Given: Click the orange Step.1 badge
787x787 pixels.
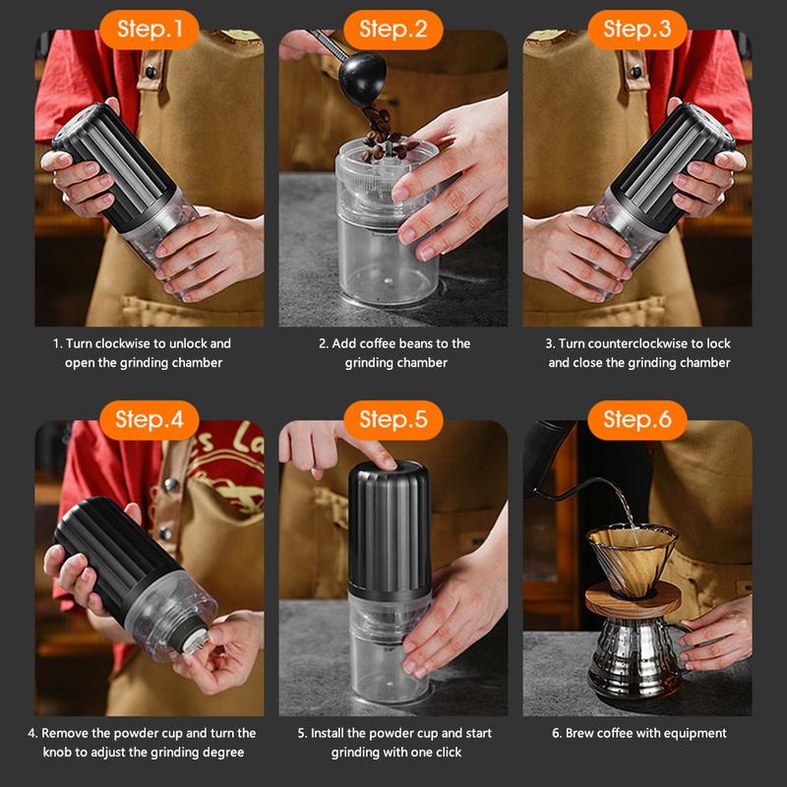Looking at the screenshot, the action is tap(150, 30).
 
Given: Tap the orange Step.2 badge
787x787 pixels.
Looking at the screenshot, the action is tap(393, 30).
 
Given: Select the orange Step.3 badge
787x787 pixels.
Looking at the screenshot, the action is tap(636, 30).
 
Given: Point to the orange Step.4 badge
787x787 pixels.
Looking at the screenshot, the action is tap(150, 420).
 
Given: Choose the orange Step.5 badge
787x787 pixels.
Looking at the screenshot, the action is tap(393, 420).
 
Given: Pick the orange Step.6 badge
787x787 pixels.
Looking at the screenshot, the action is tap(636, 420).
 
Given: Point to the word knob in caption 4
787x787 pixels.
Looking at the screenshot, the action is tap(58, 753).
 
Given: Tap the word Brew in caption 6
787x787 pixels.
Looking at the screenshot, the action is tap(579, 733).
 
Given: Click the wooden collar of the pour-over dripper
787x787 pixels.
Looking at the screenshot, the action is tap(633, 600).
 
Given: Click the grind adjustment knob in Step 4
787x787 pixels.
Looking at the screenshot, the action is tap(196, 641).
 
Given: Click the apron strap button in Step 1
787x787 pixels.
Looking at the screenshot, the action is tap(151, 72).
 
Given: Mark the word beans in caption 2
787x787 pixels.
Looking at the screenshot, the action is tap(417, 343).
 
